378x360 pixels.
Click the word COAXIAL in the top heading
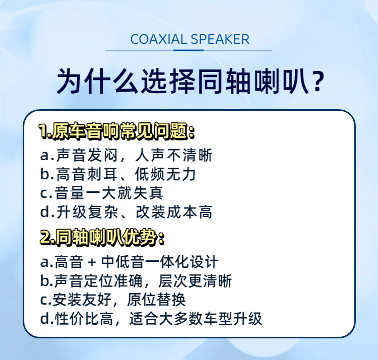pos(158,39)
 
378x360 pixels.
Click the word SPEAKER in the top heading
pos(220,39)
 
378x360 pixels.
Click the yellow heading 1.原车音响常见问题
pos(117,131)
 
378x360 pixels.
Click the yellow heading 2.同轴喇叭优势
pos(102,238)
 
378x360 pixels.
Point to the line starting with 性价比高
pos(151,318)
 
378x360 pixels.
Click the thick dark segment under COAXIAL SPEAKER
pos(188,50)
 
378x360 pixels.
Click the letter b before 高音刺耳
pos(45,174)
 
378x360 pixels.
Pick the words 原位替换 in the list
pos(156,300)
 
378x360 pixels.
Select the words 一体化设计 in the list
pos(181,262)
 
